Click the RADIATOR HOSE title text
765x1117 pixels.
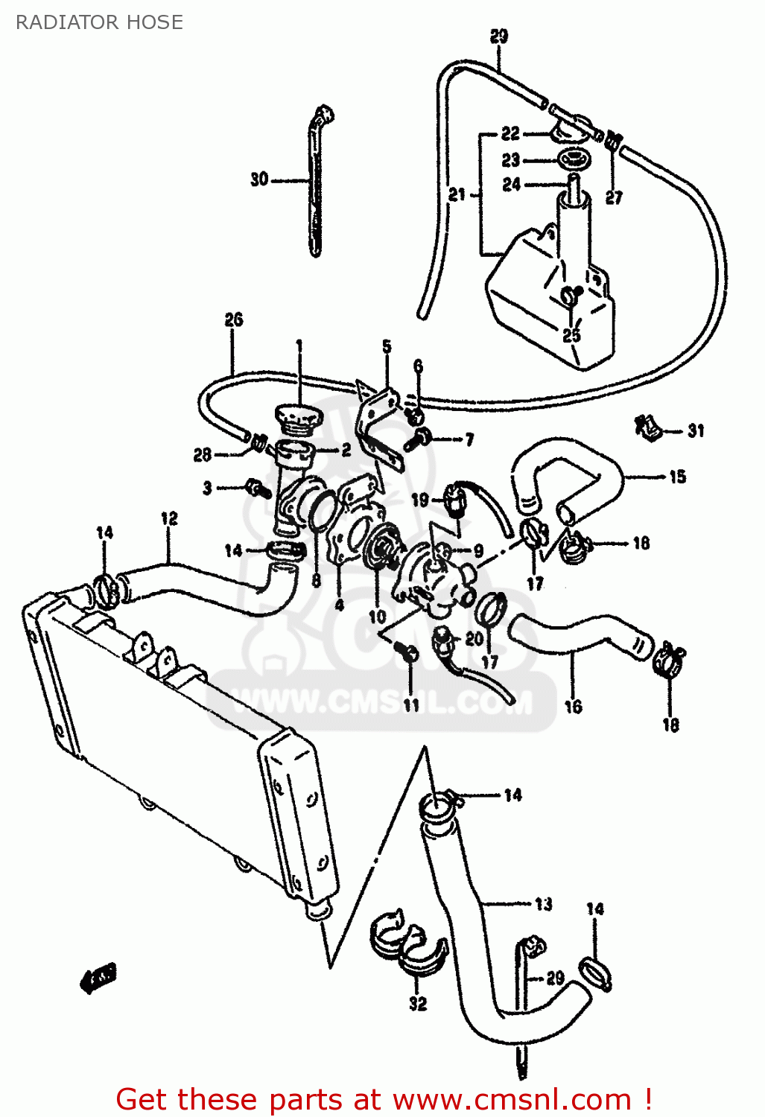coord(99,22)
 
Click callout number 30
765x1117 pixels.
coord(258,179)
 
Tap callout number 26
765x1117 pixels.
coord(234,319)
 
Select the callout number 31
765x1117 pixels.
coord(696,430)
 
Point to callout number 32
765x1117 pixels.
coord(418,1003)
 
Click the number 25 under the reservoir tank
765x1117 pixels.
coord(571,334)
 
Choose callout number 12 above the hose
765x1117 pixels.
coord(169,518)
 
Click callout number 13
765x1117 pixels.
coord(543,903)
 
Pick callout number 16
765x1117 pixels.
coord(573,706)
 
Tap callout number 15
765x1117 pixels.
coord(677,477)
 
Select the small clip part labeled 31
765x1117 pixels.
coord(647,427)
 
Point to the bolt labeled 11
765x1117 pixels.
coord(409,654)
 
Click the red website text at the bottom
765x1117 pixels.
coord(384,1099)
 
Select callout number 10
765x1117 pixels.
coord(377,616)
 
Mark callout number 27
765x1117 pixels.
coord(613,197)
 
